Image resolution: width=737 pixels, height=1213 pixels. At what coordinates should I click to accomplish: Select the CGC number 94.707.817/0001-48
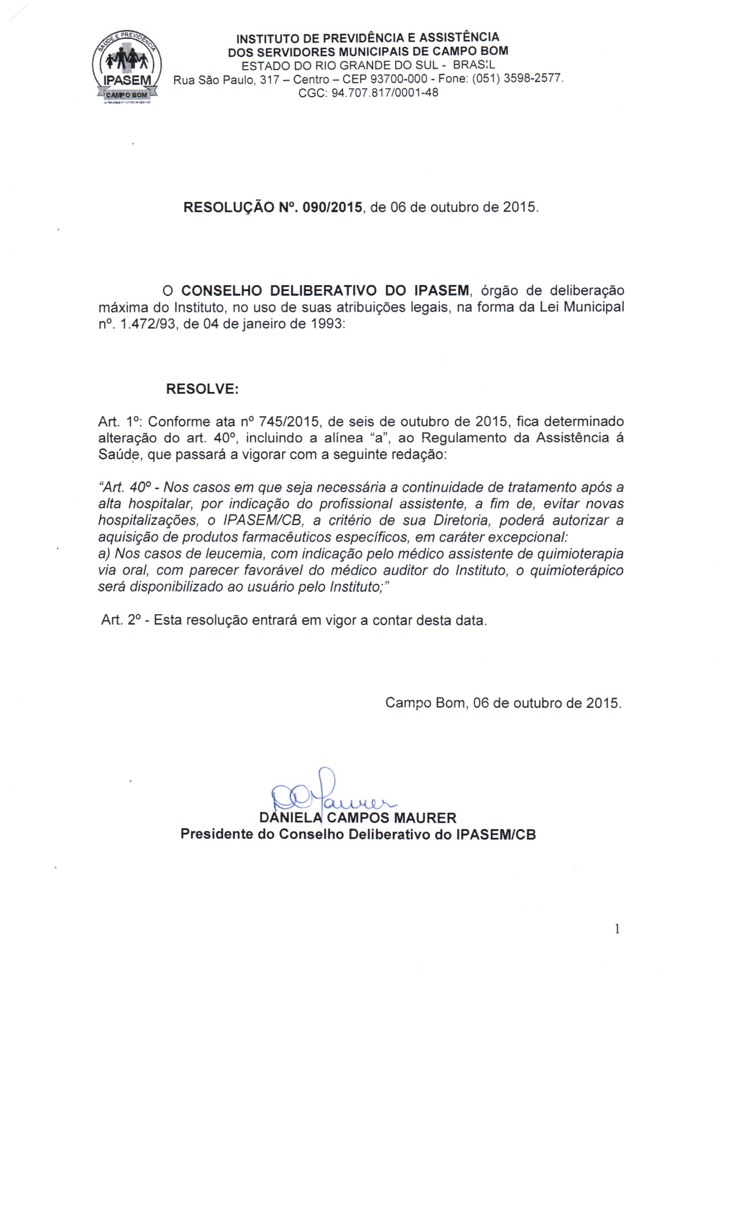point(385,93)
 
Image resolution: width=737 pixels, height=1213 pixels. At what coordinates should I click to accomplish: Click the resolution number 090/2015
point(333,207)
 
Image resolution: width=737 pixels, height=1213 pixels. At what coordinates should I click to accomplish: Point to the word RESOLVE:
point(202,389)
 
